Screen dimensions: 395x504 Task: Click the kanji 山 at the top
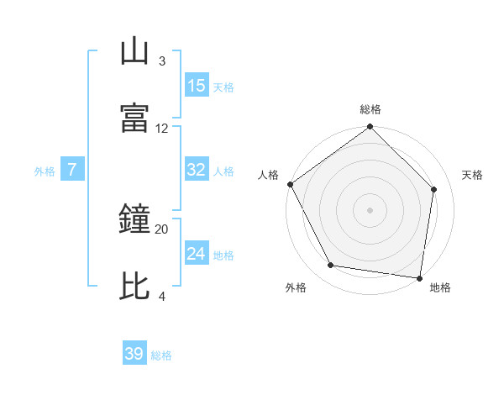click(134, 51)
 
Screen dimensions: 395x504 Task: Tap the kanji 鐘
click(134, 220)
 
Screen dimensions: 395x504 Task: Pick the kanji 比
click(134, 287)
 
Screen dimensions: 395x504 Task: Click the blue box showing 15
click(197, 85)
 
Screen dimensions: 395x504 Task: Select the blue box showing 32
click(197, 170)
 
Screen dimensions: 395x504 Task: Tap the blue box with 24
click(197, 253)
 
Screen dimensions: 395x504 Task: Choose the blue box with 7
click(72, 170)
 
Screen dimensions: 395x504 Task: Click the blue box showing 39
click(134, 354)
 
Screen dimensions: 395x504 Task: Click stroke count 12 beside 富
click(162, 128)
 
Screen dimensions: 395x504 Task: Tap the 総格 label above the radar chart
click(370, 109)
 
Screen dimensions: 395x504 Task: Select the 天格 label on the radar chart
click(472, 175)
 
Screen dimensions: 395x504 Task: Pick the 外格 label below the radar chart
click(296, 288)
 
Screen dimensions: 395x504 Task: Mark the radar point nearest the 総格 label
click(370, 128)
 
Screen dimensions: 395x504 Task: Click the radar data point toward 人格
click(290, 184)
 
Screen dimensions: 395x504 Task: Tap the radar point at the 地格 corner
click(419, 277)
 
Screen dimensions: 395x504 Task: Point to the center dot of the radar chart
click(370, 209)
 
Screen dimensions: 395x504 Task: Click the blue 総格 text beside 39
click(162, 355)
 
